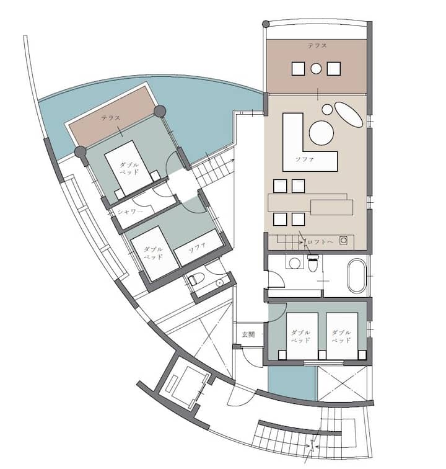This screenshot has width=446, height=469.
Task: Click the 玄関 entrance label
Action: point(248,334)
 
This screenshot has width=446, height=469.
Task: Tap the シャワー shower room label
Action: point(130,212)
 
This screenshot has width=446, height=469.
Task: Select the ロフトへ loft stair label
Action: point(320,242)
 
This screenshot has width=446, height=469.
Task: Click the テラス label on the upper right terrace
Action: point(317,46)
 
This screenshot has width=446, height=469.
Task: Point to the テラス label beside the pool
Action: point(110,118)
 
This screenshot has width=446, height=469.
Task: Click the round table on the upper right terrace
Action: point(316,69)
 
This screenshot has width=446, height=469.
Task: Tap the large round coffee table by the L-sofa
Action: point(321,133)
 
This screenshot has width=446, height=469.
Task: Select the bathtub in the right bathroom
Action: point(356,276)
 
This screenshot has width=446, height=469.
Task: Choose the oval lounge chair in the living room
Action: point(348,115)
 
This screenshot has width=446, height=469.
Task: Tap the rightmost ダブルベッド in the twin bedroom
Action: point(342,336)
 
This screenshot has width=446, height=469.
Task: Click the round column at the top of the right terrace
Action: point(266,24)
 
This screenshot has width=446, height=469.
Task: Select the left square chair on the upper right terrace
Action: point(298,68)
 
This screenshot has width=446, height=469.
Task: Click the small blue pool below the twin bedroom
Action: point(292,382)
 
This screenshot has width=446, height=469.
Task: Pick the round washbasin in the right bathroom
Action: point(294,263)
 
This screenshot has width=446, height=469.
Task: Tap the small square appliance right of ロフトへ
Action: point(343,241)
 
